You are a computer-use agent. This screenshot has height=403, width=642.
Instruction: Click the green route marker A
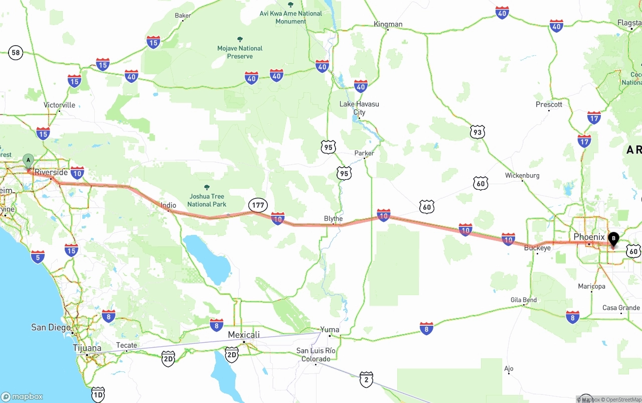[29, 161]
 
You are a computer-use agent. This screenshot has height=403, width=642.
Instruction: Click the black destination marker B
[613, 239]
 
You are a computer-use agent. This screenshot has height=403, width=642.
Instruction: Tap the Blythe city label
[334, 218]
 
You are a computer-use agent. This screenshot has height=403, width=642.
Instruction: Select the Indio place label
[169, 205]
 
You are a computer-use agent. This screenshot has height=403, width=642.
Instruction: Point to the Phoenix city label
[589, 236]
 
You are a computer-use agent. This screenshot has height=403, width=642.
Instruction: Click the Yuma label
[330, 330]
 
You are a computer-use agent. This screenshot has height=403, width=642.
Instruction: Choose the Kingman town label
[388, 24]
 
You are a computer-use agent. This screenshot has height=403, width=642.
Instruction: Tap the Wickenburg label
[522, 176]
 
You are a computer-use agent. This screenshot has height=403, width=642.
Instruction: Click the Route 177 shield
[258, 205]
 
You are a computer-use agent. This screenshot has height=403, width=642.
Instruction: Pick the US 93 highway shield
[477, 132]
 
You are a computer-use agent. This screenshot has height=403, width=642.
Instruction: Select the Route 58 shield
[16, 52]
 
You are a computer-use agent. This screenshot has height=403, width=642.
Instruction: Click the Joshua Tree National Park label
[207, 200]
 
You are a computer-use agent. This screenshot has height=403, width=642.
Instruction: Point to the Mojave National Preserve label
[240, 52]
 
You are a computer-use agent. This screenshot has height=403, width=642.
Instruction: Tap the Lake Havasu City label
[359, 108]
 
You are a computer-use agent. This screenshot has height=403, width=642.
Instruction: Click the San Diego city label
[51, 327]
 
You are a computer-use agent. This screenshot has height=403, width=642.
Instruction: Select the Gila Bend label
[524, 300]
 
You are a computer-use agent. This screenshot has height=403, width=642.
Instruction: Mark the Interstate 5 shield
[38, 256]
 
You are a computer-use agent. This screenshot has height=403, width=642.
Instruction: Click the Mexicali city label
[244, 335]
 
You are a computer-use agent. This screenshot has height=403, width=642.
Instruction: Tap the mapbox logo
[22, 396]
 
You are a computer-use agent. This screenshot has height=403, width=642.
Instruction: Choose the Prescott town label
[549, 104]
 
